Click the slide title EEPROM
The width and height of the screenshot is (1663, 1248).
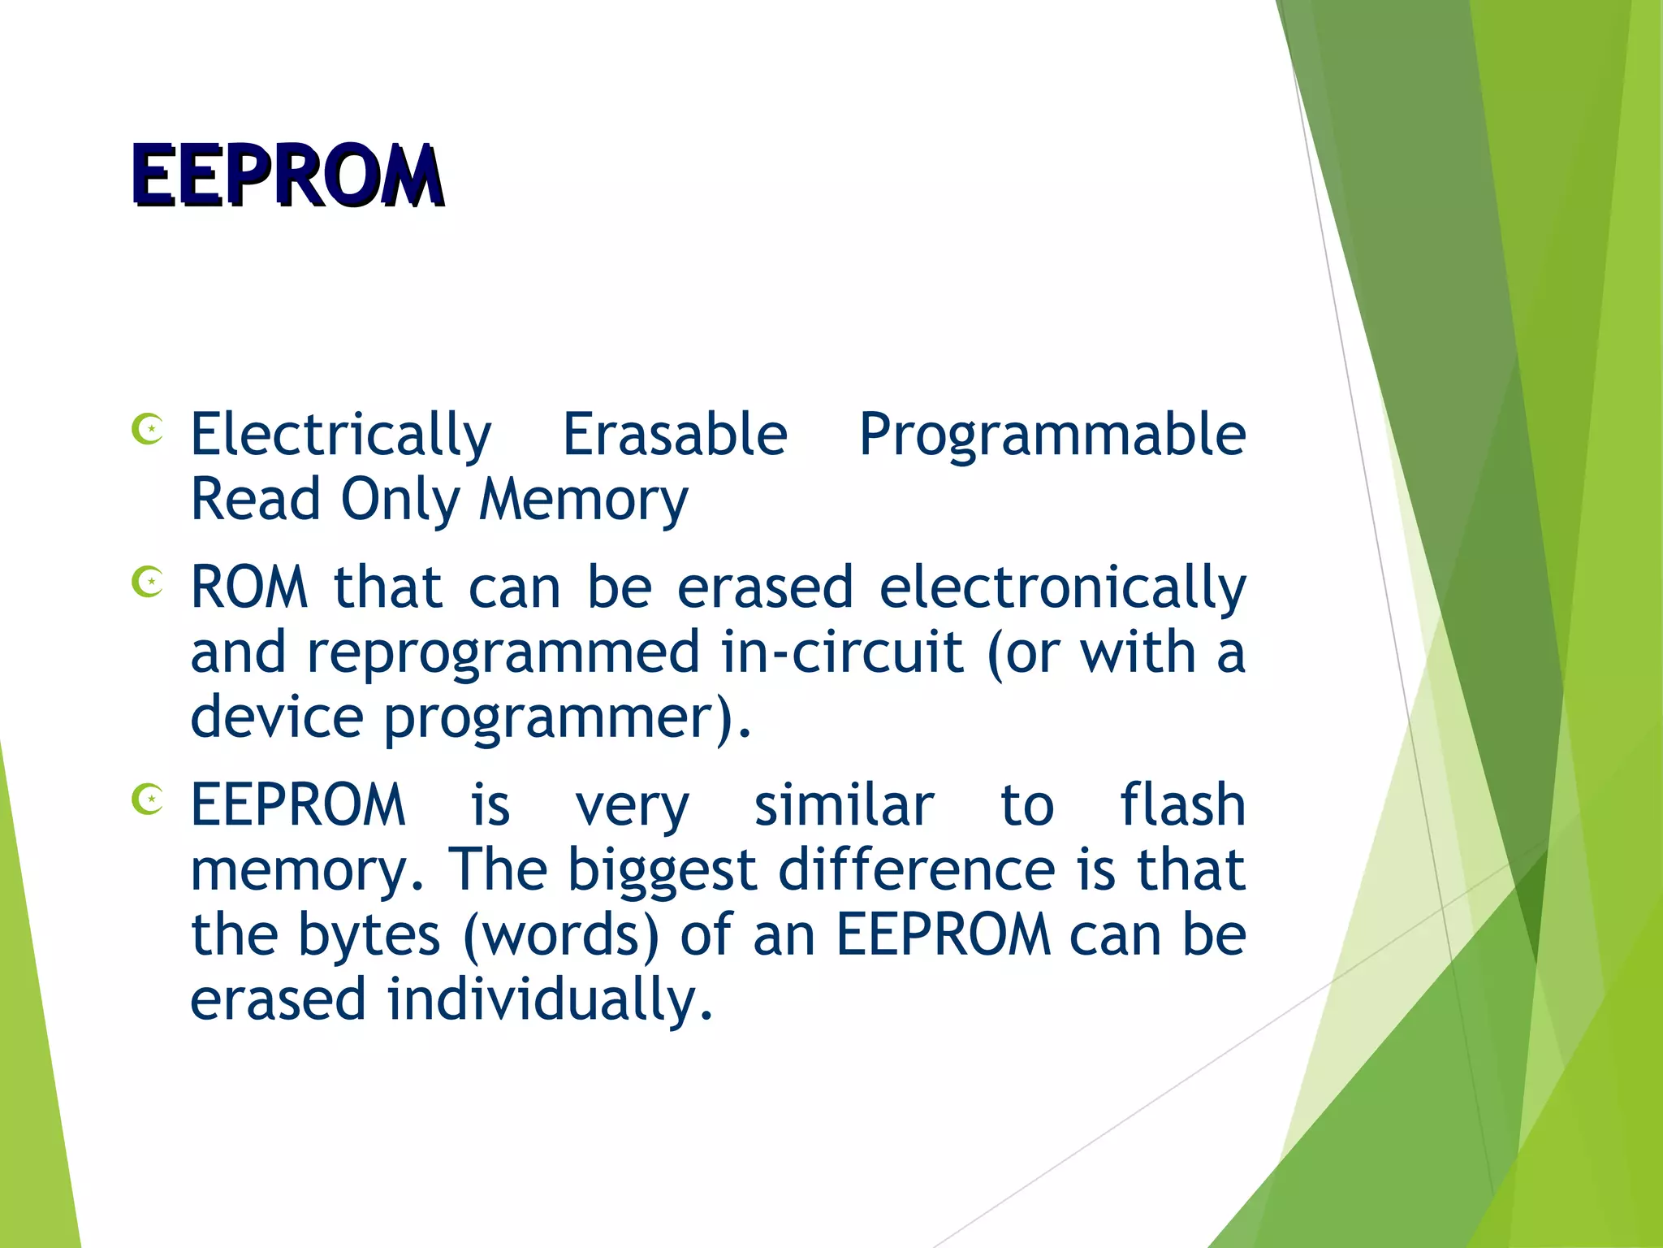pyautogui.click(x=287, y=175)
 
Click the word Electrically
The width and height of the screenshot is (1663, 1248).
pyautogui.click(x=341, y=435)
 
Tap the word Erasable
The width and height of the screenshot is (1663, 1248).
pyautogui.click(x=675, y=435)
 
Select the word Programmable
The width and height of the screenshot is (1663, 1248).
pyautogui.click(x=1052, y=435)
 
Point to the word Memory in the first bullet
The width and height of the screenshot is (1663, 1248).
pyautogui.click(x=583, y=500)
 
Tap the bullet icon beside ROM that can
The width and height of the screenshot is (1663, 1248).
pyautogui.click(x=148, y=582)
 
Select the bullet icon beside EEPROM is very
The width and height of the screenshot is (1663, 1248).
pyautogui.click(x=148, y=799)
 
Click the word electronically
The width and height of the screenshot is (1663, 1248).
pyautogui.click(x=1062, y=587)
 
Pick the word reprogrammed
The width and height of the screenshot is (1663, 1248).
pyautogui.click(x=503, y=652)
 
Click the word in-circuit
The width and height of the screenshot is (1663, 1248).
pyautogui.click(x=842, y=652)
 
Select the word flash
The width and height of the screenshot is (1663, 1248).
pyautogui.click(x=1182, y=805)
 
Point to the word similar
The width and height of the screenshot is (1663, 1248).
pyautogui.click(x=844, y=805)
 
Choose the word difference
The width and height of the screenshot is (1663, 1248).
pyautogui.click(x=917, y=870)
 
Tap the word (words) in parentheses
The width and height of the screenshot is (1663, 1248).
pyautogui.click(x=561, y=935)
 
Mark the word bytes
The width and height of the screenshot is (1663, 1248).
pyautogui.click(x=369, y=935)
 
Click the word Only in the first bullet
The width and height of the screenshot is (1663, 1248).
pyautogui.click(x=400, y=500)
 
